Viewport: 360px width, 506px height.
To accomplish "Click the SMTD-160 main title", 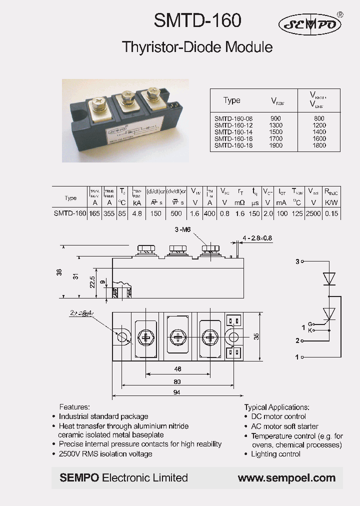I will point(197,21).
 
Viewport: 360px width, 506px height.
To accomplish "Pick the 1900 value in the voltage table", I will point(276,145).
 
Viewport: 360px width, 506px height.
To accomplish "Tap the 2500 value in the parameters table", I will point(313,213).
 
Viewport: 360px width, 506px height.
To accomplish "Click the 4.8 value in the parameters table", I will point(137,213).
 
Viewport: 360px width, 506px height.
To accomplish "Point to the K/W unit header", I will point(331,203).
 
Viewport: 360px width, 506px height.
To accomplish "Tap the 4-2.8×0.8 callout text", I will point(257,238).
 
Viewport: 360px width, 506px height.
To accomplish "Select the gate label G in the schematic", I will point(310,324).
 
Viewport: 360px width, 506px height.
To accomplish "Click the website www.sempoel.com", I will point(286,478).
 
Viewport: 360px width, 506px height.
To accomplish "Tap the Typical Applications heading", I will point(276,407).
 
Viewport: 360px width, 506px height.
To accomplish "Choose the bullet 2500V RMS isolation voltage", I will point(105,453).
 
